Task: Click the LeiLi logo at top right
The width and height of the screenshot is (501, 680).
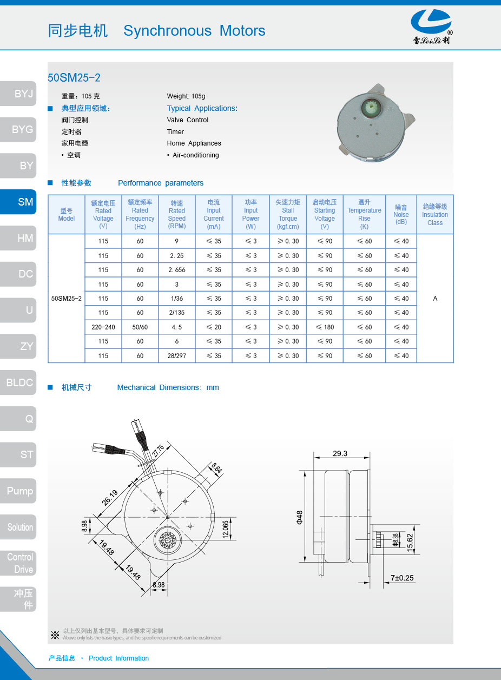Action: [431, 26]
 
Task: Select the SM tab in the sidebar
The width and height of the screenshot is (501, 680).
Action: [18, 202]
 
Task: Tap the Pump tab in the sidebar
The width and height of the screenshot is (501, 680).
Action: [18, 491]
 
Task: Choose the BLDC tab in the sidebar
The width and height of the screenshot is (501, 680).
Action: [18, 382]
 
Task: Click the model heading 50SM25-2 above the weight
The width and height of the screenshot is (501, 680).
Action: [74, 77]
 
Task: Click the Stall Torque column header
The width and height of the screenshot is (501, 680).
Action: [288, 214]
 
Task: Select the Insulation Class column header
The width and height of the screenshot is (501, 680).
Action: [435, 214]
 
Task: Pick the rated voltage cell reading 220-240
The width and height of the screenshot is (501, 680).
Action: [103, 327]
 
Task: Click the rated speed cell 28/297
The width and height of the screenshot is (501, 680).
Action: [177, 355]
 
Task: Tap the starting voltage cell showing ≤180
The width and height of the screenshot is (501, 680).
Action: [325, 327]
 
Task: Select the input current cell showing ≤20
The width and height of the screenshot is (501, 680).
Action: [214, 327]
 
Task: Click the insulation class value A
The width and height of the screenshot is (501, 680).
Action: [435, 299]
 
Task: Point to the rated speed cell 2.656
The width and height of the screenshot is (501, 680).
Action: [177, 270]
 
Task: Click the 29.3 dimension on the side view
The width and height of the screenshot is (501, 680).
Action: [340, 454]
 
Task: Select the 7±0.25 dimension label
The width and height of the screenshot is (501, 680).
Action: [402, 578]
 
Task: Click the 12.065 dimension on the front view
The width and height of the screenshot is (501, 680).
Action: [226, 529]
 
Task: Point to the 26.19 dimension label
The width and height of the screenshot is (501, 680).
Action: [110, 497]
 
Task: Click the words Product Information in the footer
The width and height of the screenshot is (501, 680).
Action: [118, 658]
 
